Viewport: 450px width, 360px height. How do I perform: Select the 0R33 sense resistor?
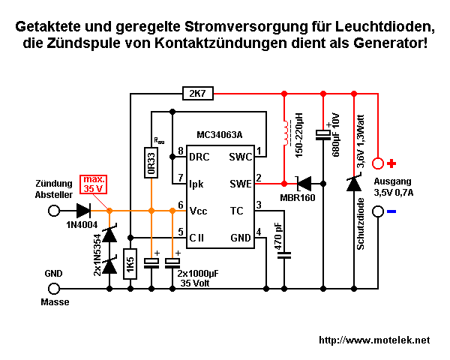[151, 163]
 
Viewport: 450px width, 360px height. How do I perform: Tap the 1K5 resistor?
[130, 265]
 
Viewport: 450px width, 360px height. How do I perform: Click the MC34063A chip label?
[219, 136]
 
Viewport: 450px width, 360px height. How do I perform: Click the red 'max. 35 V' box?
[94, 184]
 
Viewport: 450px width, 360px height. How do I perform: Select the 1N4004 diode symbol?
[83, 211]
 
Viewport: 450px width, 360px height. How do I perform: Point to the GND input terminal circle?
[53, 289]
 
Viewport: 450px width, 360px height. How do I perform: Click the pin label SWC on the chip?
[239, 157]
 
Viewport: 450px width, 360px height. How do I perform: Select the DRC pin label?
[200, 157]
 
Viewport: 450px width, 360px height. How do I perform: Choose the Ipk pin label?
[197, 182]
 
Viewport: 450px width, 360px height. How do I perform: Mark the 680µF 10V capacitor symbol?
[323, 134]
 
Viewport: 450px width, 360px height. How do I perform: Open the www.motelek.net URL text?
[374, 340]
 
